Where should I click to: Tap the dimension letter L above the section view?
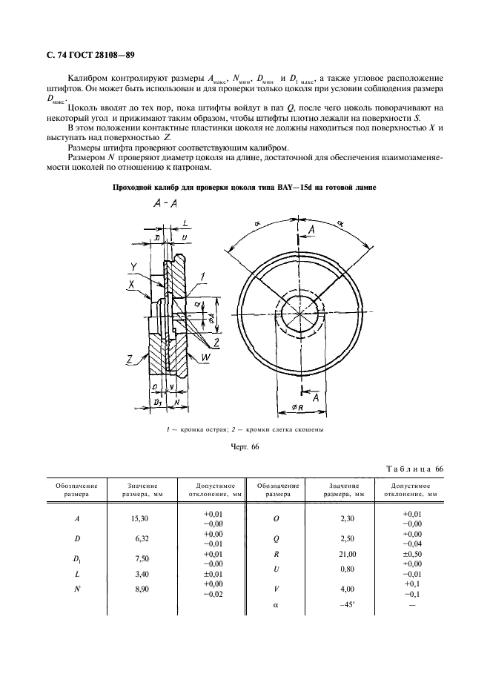pyautogui.click(x=185, y=222)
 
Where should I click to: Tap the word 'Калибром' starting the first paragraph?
pyautogui.click(x=87, y=78)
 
